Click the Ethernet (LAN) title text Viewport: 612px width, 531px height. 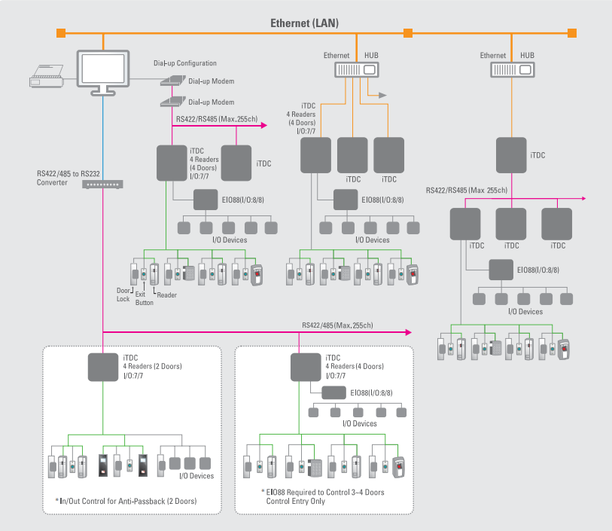point(305,23)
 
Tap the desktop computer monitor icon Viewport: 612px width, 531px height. point(103,70)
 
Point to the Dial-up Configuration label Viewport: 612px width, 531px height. point(184,63)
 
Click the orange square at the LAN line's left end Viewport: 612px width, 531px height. point(61,32)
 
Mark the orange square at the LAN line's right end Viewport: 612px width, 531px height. point(572,32)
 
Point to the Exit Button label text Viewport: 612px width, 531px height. point(145,299)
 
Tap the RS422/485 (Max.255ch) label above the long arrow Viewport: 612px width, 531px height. point(337,325)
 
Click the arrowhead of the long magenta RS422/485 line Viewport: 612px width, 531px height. point(408,331)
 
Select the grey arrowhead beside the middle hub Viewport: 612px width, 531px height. point(382,96)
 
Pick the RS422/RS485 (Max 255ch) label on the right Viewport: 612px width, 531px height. point(467,191)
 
